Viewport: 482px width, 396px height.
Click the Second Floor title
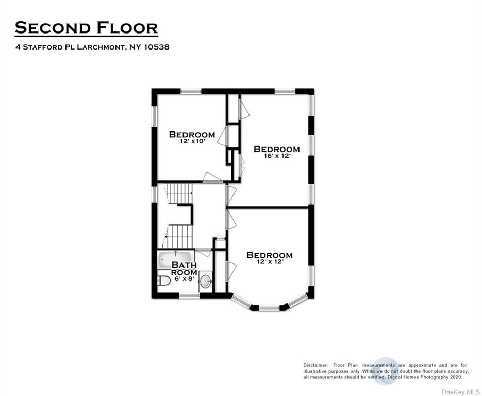[x=87, y=28]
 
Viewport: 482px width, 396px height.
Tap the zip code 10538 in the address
[x=157, y=47]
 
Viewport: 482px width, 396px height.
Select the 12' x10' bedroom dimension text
[x=192, y=141]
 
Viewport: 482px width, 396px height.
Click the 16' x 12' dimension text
[x=277, y=156]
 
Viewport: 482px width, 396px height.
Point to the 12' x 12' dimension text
[x=270, y=262]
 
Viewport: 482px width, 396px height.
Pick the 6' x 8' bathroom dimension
[x=185, y=279]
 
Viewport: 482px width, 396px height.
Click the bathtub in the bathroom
[x=175, y=260]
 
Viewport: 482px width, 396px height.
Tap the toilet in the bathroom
[x=163, y=280]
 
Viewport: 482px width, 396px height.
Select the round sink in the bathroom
[x=206, y=281]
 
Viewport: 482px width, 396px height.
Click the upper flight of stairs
[x=179, y=193]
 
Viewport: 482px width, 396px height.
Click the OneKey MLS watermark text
[x=460, y=392]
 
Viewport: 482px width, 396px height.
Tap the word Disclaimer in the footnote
[x=315, y=365]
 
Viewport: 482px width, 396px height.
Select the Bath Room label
[x=184, y=269]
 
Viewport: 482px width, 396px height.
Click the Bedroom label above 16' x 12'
[x=277, y=149]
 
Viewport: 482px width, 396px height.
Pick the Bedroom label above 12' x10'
[x=192, y=135]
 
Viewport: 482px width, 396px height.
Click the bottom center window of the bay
[x=269, y=308]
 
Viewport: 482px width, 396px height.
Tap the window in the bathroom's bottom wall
[x=189, y=296]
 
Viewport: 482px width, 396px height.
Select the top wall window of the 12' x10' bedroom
[x=191, y=91]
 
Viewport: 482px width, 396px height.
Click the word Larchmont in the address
[x=101, y=47]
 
